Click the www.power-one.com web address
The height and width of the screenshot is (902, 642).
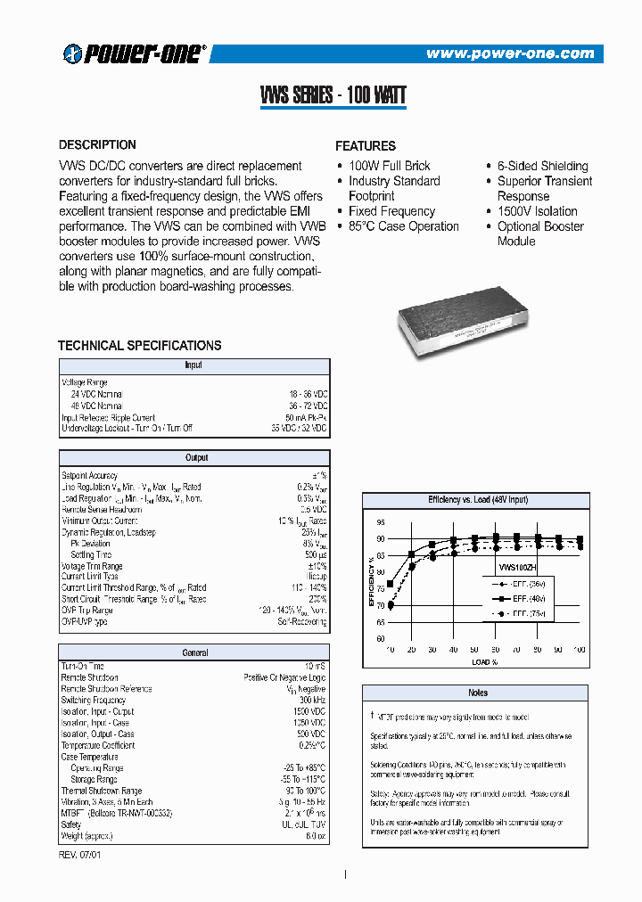pos(509,53)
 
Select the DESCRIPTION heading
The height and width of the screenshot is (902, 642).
pos(97,144)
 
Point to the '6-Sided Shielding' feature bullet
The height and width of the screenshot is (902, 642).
pos(542,166)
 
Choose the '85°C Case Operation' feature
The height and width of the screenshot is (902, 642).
pos(403,226)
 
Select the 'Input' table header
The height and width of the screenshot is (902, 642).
pos(193,365)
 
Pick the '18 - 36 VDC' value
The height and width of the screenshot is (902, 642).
pos(306,394)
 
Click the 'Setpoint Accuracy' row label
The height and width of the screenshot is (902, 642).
pos(89,476)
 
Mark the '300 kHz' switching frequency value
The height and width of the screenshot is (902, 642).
pos(311,701)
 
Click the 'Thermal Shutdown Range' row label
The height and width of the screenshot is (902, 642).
pos(101,791)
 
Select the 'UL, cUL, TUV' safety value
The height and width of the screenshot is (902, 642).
pos(303,824)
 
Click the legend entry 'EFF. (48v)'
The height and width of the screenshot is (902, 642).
pos(524,599)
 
